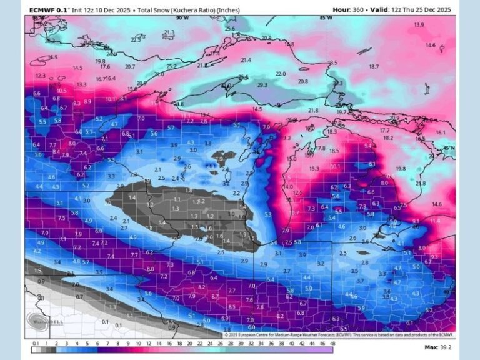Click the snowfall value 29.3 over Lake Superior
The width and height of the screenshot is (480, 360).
(262, 84)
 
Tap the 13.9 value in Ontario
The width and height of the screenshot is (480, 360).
(419, 25)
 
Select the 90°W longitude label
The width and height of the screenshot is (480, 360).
(182, 19)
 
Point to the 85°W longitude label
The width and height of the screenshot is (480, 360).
(326, 19)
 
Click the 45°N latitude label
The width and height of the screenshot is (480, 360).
(449, 147)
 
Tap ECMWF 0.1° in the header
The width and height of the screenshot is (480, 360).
(49, 10)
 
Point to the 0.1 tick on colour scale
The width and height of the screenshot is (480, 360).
(36, 343)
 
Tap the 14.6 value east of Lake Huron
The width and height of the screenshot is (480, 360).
(436, 204)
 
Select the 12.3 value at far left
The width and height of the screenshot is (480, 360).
(41, 76)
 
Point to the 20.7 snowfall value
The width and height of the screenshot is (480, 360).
(130, 66)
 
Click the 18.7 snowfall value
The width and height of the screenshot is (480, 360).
(374, 66)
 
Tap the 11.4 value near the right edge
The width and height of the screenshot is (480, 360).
(434, 221)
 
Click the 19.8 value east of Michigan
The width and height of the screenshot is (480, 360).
(401, 169)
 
